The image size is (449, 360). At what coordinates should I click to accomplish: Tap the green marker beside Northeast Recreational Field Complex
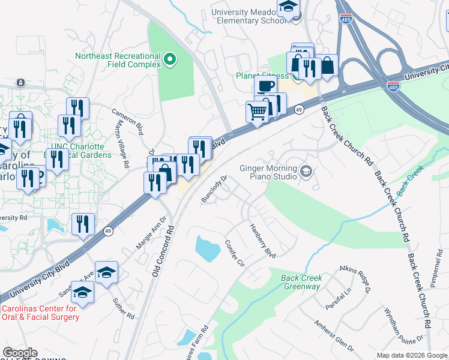tap(170, 59)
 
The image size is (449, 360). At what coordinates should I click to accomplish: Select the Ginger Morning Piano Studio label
tap(268, 172)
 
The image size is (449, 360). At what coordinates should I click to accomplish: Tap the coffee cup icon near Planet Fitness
tap(265, 86)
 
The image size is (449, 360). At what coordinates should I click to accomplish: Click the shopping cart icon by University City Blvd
tap(257, 112)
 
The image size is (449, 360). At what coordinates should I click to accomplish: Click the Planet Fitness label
tap(262, 76)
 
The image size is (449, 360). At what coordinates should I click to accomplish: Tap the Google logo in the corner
tap(20, 353)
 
